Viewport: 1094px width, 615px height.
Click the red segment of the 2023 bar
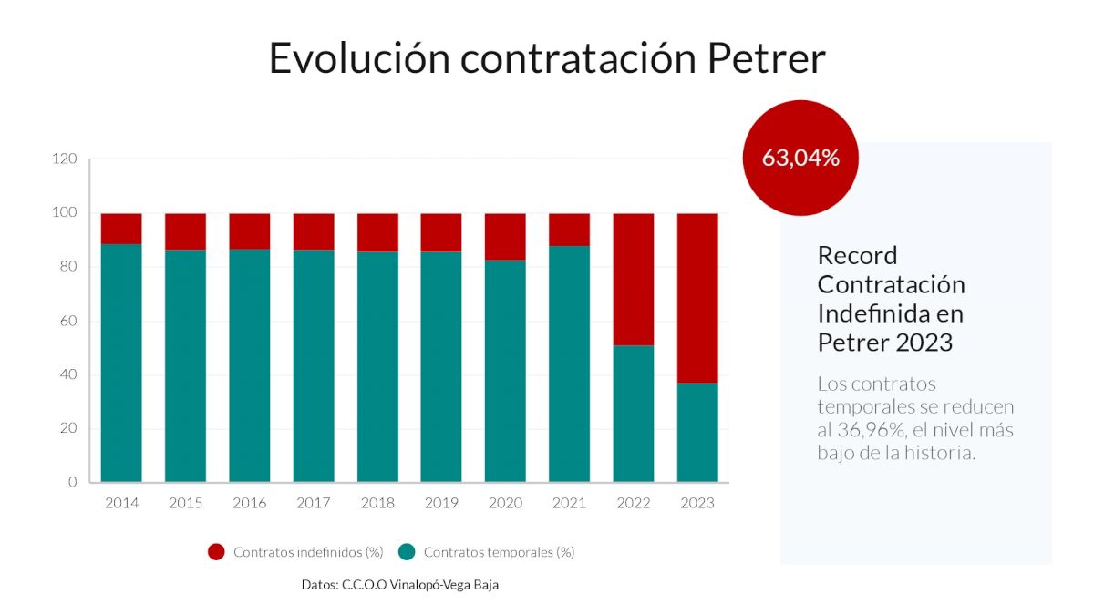[x=697, y=298]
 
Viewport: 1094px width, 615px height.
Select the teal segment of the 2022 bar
[x=634, y=414]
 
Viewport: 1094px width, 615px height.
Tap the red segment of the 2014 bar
[x=121, y=229]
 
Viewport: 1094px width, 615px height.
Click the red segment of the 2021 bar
[x=569, y=230]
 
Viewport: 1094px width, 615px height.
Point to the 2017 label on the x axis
[x=313, y=503]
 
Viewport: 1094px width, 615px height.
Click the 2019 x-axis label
[x=441, y=503]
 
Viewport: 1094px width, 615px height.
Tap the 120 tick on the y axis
[x=65, y=159]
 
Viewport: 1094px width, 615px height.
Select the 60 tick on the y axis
[x=69, y=321]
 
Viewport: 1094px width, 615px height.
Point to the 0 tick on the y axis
[x=72, y=482]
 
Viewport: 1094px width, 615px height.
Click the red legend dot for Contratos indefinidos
[x=216, y=552]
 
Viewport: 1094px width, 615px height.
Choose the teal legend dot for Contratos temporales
[x=407, y=552]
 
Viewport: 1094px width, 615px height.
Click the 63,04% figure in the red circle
[x=800, y=158]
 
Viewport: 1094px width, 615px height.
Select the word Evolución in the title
[x=359, y=58]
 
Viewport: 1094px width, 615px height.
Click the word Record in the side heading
[x=858, y=255]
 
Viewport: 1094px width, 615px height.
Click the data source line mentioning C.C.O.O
[x=400, y=585]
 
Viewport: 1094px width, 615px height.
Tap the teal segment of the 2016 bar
[x=249, y=365]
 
